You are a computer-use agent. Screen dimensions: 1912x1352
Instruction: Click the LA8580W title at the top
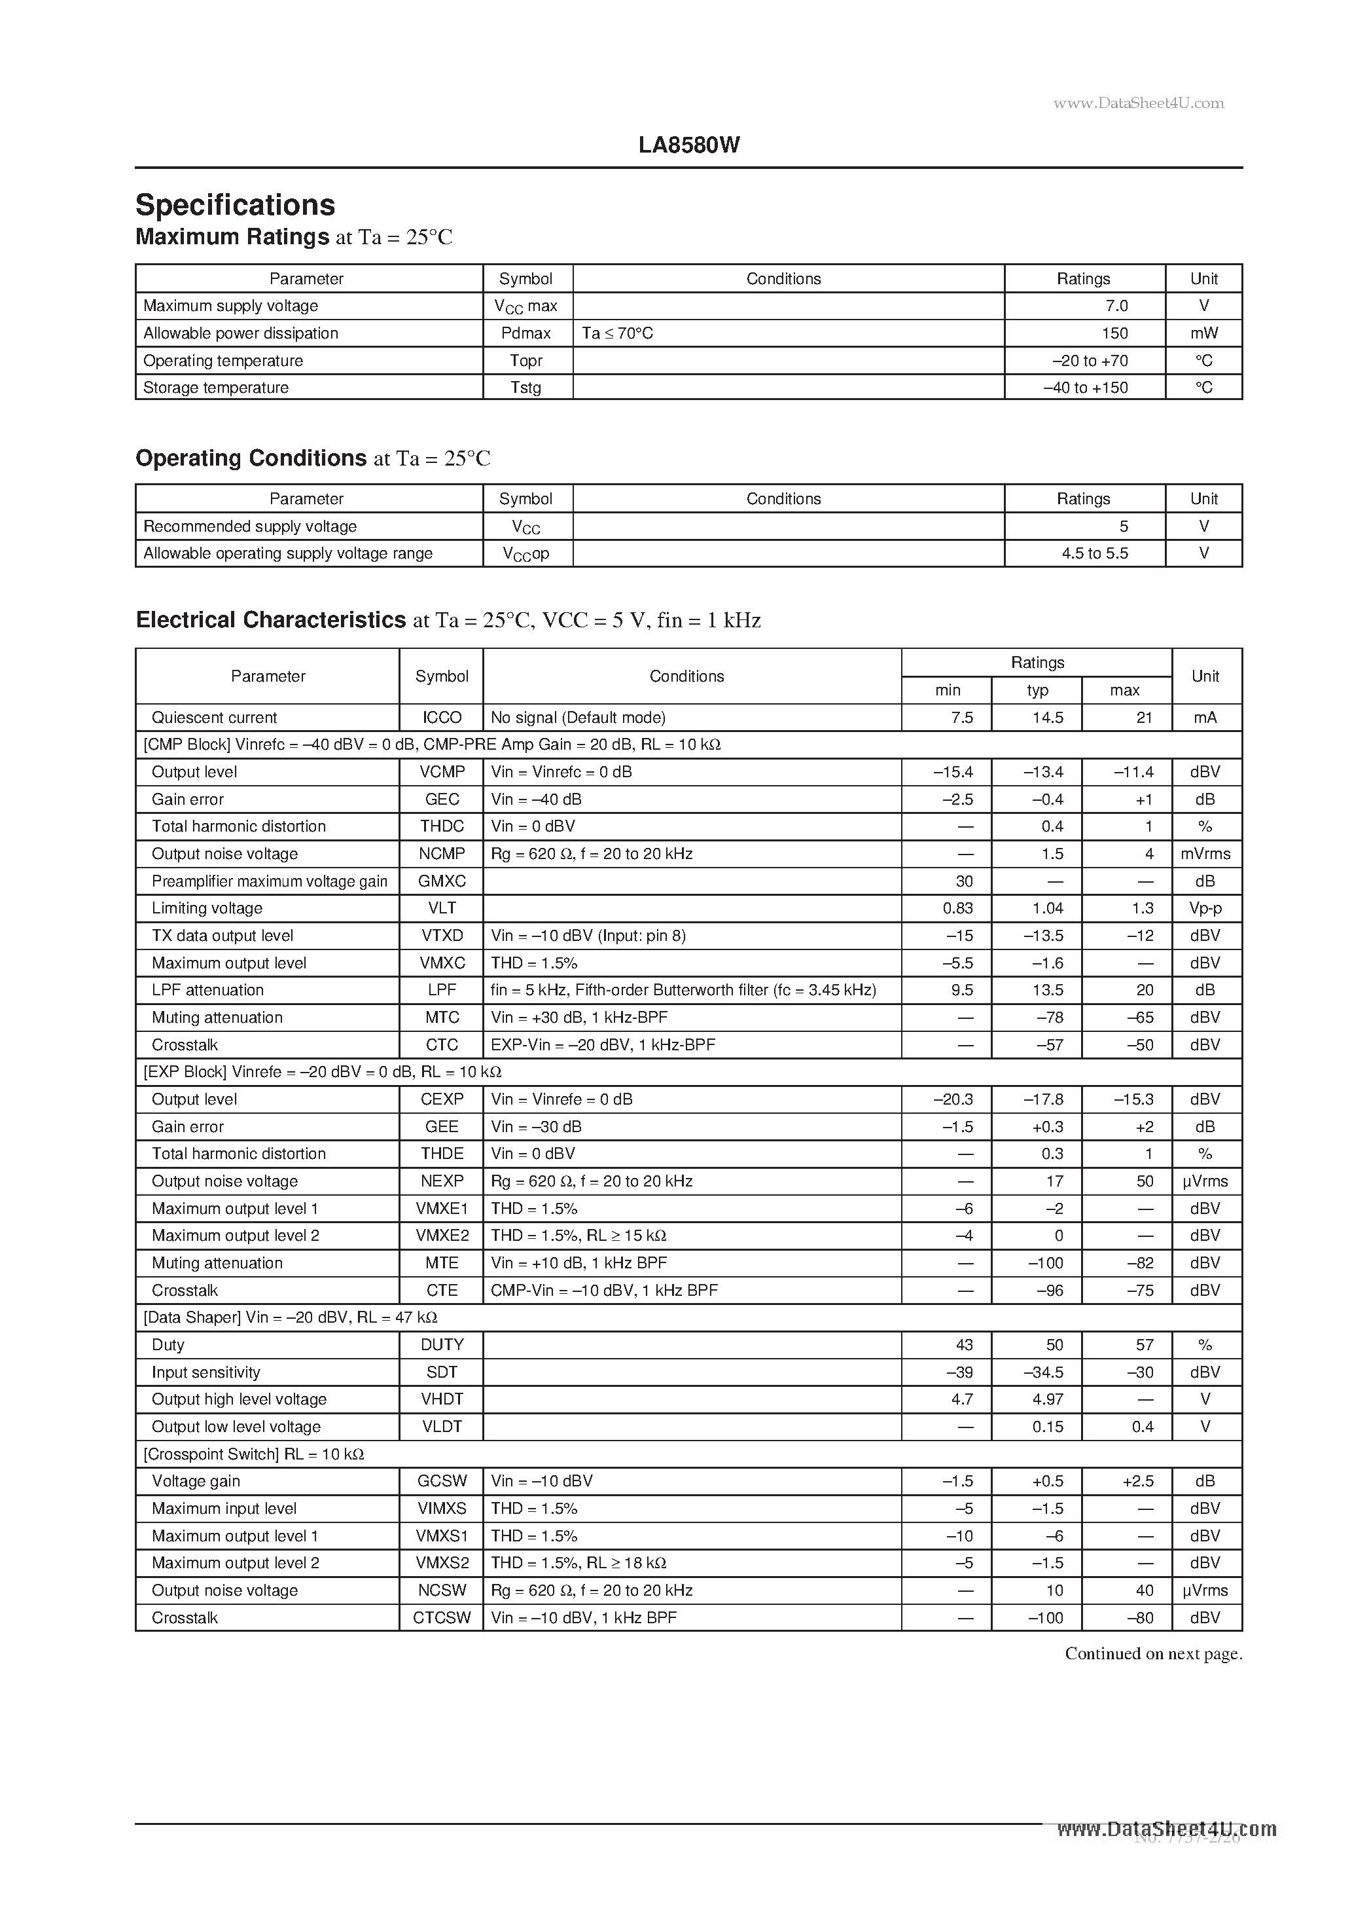[x=688, y=145]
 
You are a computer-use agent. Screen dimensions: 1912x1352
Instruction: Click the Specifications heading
[x=236, y=205]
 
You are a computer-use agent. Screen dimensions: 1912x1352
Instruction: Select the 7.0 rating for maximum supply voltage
[x=1116, y=306]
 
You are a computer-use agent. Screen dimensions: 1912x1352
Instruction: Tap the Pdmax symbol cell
[x=526, y=333]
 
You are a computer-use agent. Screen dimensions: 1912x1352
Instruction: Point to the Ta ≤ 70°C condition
[x=617, y=333]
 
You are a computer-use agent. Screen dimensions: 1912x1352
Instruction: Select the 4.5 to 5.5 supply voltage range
[x=1094, y=553]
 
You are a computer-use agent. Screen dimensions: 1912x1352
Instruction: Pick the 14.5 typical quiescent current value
[x=1047, y=717]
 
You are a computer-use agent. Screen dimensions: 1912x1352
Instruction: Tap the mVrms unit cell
[x=1205, y=854]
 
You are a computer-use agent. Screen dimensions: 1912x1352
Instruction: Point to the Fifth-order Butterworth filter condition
[x=683, y=989]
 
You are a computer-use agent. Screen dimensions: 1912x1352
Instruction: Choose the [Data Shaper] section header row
[x=290, y=1317]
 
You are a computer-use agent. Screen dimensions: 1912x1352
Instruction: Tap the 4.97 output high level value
[x=1047, y=1399]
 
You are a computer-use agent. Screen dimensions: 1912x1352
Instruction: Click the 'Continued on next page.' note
[x=1153, y=1654]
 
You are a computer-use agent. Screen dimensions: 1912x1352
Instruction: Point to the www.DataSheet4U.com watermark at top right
[x=1138, y=103]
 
